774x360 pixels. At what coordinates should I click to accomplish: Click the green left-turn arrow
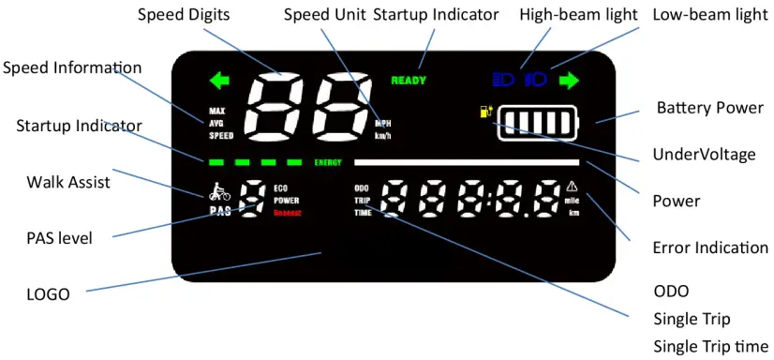coord(219,81)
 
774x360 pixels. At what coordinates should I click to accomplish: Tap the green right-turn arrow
coord(569,81)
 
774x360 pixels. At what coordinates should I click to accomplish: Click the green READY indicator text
coord(409,81)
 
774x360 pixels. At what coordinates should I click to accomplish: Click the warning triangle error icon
coord(573,186)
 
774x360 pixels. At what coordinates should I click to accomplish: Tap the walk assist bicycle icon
coord(219,193)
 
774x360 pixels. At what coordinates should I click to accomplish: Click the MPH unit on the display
coord(383,123)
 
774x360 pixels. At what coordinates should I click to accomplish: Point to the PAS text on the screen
coord(220,212)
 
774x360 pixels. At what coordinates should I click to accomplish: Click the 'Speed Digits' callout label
coord(184,14)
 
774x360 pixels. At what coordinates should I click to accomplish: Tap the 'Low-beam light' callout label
coord(708,14)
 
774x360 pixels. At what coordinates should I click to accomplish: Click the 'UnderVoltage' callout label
coord(704,154)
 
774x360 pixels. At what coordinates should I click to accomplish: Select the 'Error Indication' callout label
coord(708,248)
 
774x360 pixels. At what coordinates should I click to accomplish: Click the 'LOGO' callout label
coord(48,294)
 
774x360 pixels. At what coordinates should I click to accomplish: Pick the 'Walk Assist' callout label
coord(68,182)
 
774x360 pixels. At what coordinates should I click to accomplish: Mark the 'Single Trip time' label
coord(710,345)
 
